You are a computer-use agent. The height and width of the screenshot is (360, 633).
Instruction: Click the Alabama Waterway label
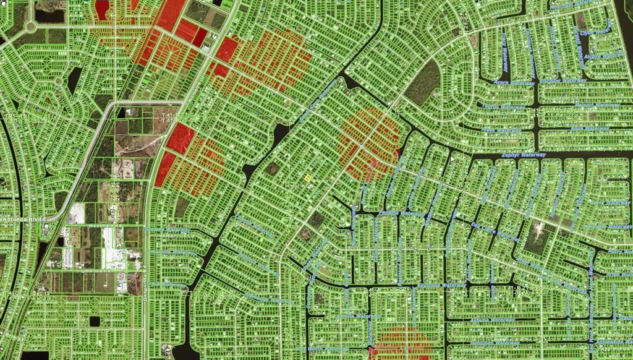point(492,320)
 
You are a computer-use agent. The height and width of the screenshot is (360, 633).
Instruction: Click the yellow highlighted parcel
point(307,178)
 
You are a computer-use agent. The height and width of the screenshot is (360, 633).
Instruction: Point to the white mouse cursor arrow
point(452,159)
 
